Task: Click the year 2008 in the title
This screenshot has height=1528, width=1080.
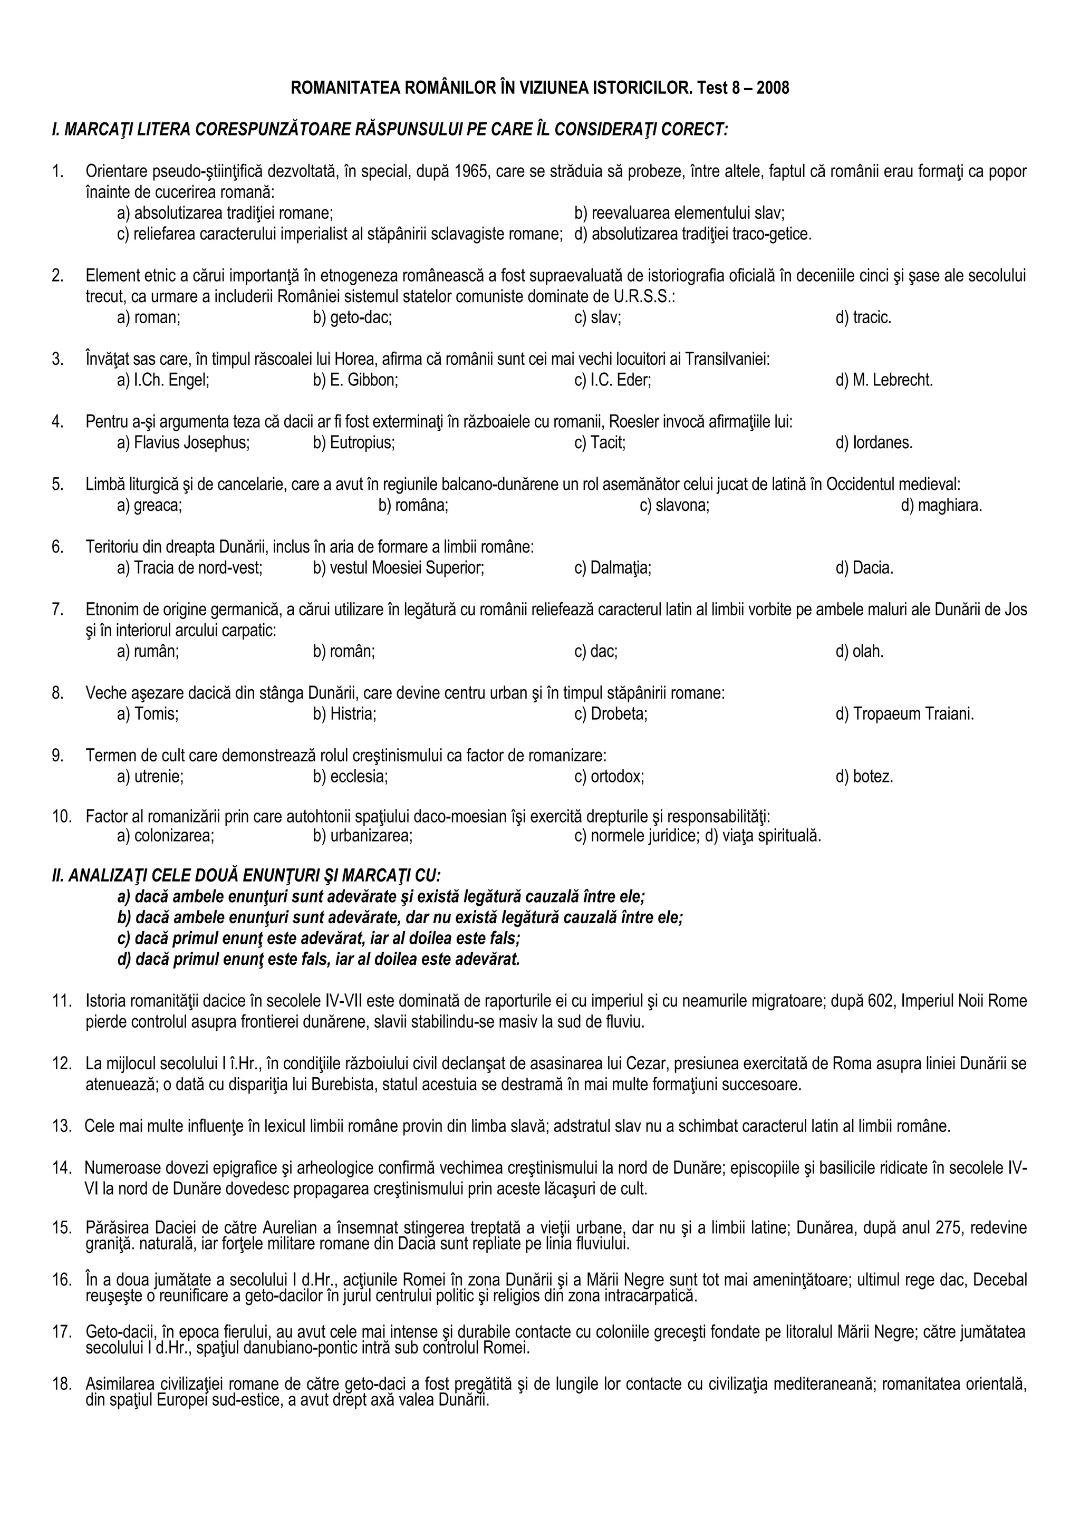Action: click(773, 88)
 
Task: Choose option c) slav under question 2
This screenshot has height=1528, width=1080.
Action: click(597, 317)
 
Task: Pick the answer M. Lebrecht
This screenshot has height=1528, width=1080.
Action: click(884, 380)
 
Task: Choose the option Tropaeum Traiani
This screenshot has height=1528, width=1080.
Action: click(904, 714)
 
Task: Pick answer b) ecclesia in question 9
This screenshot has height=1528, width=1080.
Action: click(350, 776)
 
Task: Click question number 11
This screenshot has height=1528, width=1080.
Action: click(61, 1001)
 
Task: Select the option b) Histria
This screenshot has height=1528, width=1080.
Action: click(345, 714)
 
